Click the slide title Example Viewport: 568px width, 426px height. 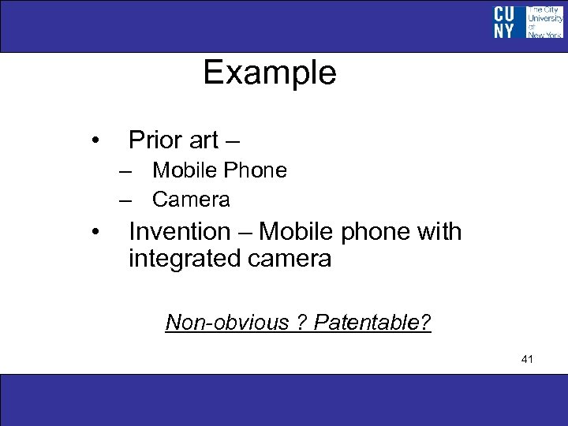click(270, 73)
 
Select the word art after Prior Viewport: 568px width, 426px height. click(204, 141)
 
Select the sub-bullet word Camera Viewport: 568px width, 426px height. click(191, 200)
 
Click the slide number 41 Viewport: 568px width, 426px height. click(528, 360)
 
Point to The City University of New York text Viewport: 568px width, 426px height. click(544, 22)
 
